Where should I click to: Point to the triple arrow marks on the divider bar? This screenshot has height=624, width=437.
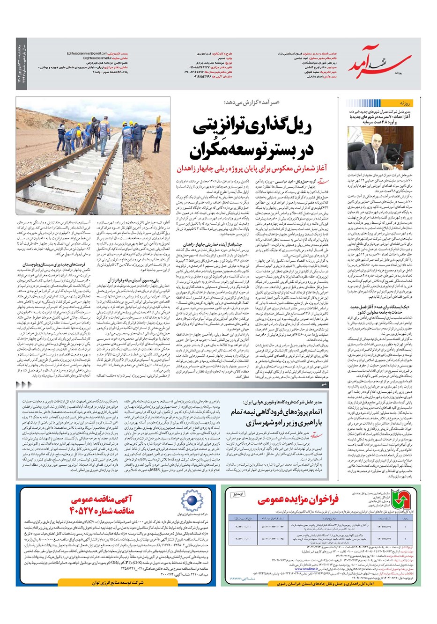click(x=25, y=384)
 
